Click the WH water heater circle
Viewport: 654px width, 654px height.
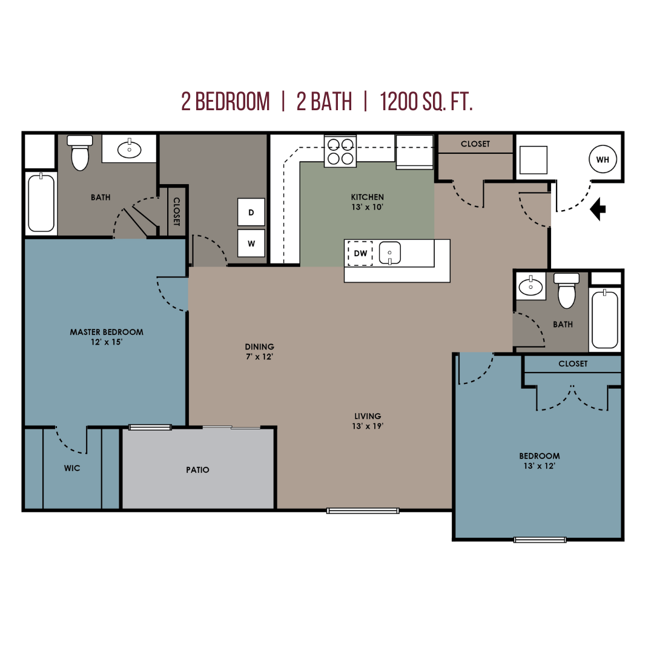pyautogui.click(x=603, y=159)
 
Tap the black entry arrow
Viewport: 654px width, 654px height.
pyautogui.click(x=598, y=208)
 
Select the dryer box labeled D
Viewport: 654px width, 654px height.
pyautogui.click(x=251, y=213)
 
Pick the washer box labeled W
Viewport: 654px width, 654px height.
pyautogui.click(x=251, y=243)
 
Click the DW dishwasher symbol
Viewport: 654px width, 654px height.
pyautogui.click(x=360, y=253)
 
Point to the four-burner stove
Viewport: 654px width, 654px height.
pyautogui.click(x=340, y=151)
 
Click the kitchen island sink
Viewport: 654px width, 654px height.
pyautogui.click(x=389, y=253)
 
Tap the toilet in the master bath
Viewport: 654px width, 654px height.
pyautogui.click(x=80, y=153)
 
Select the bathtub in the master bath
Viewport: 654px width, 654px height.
pyautogui.click(x=41, y=203)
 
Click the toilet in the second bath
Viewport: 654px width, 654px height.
pyautogui.click(x=566, y=290)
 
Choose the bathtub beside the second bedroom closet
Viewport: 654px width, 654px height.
pyautogui.click(x=605, y=320)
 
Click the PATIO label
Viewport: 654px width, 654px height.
pyautogui.click(x=197, y=470)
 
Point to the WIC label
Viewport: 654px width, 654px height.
pyautogui.click(x=71, y=468)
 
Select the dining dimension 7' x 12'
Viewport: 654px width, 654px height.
pyautogui.click(x=259, y=357)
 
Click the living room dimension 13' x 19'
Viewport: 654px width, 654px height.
pyautogui.click(x=368, y=426)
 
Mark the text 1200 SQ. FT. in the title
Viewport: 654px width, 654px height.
pyautogui.click(x=426, y=102)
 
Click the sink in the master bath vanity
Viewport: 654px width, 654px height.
pyautogui.click(x=130, y=149)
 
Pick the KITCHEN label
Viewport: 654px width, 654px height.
pyautogui.click(x=367, y=197)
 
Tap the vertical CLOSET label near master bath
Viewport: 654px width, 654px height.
pyautogui.click(x=176, y=211)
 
